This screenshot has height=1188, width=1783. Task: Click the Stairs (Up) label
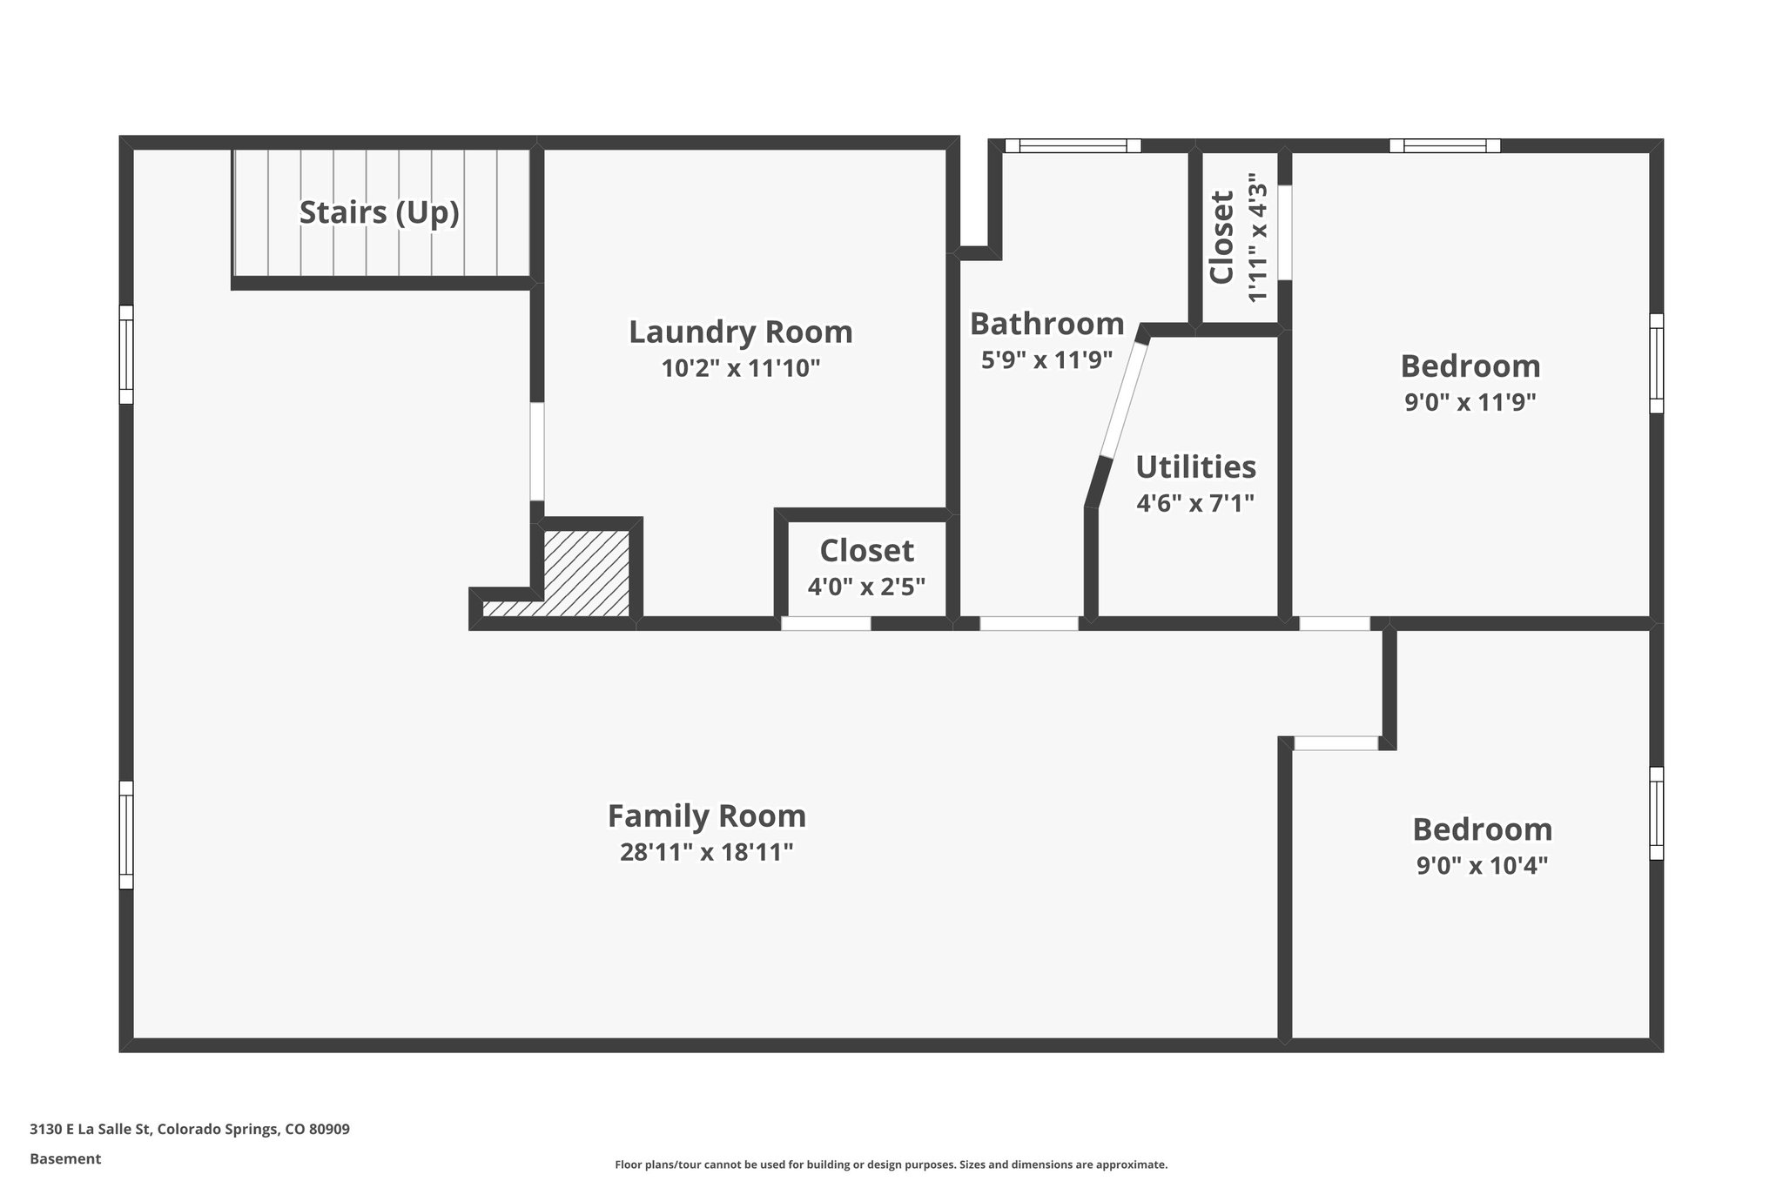pyautogui.click(x=379, y=212)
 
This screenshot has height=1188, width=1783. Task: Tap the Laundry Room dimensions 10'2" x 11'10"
pyautogui.click(x=741, y=368)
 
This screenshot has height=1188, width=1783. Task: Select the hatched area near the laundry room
pyautogui.click(x=585, y=574)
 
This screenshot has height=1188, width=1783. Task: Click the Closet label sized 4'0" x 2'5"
pyautogui.click(x=866, y=551)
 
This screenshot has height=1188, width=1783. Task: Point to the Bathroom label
pyautogui.click(x=1046, y=324)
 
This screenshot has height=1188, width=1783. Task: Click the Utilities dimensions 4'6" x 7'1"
pyautogui.click(x=1194, y=503)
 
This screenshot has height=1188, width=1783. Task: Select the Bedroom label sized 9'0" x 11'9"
pyautogui.click(x=1470, y=366)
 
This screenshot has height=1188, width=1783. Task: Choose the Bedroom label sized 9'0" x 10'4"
pyautogui.click(x=1482, y=829)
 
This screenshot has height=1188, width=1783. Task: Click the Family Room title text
pyautogui.click(x=706, y=816)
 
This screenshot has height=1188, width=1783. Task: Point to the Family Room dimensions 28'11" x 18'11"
pyautogui.click(x=706, y=852)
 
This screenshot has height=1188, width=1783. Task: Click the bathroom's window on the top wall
pyautogui.click(x=1073, y=146)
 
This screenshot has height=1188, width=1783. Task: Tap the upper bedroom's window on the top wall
pyautogui.click(x=1444, y=146)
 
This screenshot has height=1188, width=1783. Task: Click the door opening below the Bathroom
pyautogui.click(x=1029, y=623)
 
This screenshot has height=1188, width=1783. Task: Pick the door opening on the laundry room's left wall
pyautogui.click(x=537, y=451)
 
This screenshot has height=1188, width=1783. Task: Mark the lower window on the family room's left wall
pyautogui.click(x=126, y=835)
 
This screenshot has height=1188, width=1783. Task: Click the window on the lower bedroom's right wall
pyautogui.click(x=1656, y=813)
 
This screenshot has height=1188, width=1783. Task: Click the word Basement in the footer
pyautogui.click(x=65, y=1158)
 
